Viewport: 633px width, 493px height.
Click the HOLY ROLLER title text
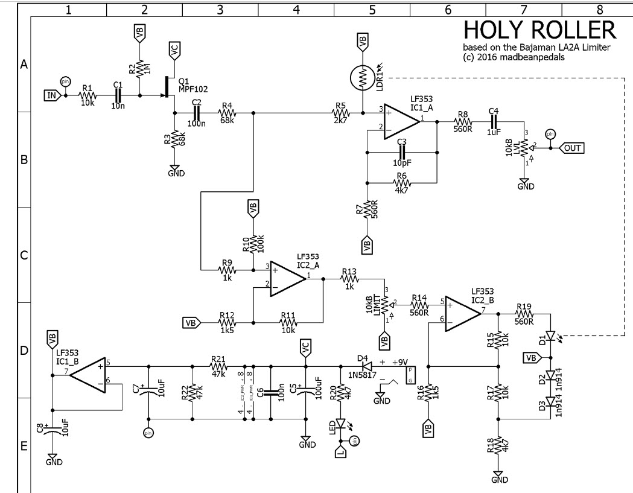click(539, 30)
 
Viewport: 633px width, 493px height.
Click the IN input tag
click(52, 95)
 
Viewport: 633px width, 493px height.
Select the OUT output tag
click(572, 147)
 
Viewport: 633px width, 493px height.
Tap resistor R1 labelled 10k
click(88, 95)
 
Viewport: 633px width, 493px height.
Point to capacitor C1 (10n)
click(119, 95)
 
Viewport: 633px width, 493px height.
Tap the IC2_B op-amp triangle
click(462, 314)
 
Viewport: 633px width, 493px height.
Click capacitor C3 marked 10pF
click(402, 153)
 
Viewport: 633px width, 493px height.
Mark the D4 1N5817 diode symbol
click(366, 366)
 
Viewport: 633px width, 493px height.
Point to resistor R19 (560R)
click(524, 314)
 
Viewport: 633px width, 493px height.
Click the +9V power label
click(399, 362)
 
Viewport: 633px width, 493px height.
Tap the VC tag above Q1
click(174, 52)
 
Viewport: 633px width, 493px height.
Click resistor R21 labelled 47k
click(217, 366)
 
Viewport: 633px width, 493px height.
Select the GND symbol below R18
click(498, 477)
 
